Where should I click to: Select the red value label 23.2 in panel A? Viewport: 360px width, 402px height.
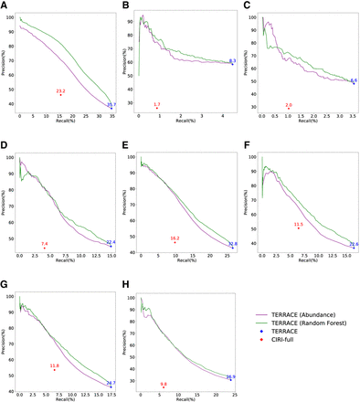pos(61,91)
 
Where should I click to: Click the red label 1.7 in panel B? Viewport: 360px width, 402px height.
pos(157,105)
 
